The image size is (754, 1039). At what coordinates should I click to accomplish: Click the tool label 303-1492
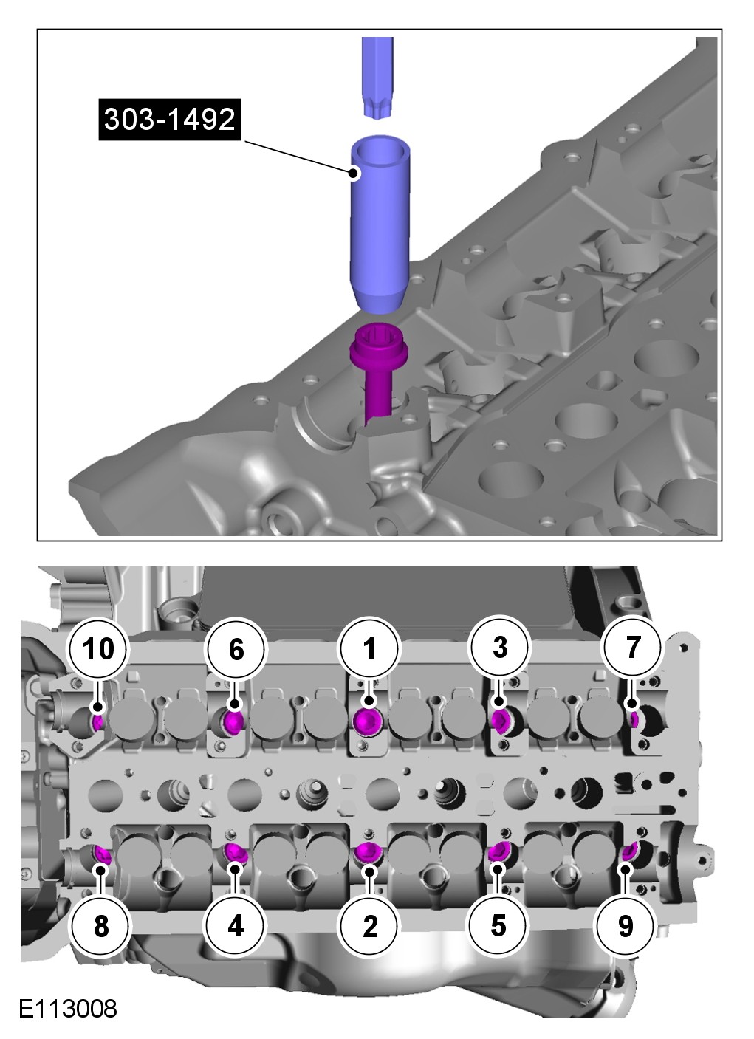(x=169, y=118)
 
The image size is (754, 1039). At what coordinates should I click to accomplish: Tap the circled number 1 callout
(x=369, y=648)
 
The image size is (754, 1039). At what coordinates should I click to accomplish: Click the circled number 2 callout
(x=369, y=925)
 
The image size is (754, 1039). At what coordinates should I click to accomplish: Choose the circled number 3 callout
(x=499, y=648)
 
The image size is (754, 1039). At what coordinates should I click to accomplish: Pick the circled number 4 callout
(x=236, y=925)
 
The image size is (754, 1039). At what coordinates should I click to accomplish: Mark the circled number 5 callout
(x=498, y=924)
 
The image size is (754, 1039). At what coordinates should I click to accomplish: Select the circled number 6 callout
(x=236, y=649)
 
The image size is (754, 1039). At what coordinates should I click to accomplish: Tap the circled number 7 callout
(x=633, y=647)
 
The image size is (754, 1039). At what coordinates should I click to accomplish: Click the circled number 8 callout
(x=101, y=925)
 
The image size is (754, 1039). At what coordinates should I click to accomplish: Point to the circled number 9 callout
(x=626, y=925)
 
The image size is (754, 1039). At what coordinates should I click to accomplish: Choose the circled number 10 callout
(x=99, y=649)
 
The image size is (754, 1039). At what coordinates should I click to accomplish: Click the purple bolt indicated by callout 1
(x=367, y=721)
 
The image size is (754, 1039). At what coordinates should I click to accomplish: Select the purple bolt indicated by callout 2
(x=367, y=853)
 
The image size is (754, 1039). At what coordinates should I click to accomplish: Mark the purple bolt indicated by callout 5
(x=498, y=852)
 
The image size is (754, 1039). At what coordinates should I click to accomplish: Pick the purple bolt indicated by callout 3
(x=500, y=720)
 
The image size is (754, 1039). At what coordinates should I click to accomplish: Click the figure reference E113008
(x=68, y=1009)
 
